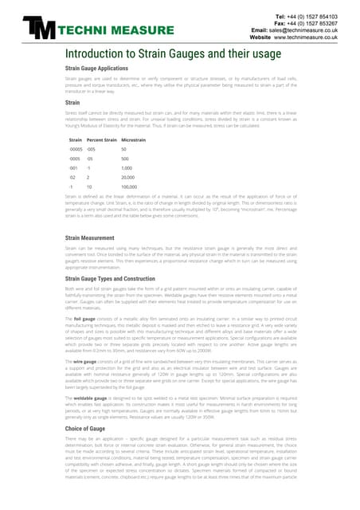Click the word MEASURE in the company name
[119, 32]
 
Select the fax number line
[314, 23]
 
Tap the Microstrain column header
[133, 139]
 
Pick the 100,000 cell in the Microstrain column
[129, 186]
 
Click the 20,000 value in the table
[127, 177]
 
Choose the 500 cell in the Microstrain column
[125, 159]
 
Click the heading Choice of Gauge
[88, 430]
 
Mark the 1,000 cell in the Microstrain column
[126, 167]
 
